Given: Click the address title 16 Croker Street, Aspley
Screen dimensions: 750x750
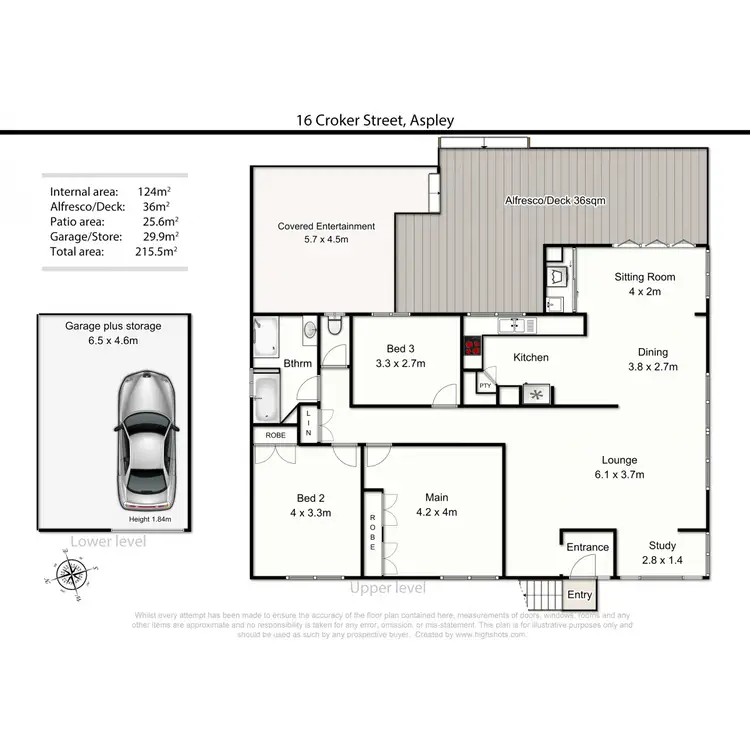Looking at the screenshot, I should click(x=375, y=120).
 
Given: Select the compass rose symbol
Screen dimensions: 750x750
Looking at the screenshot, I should click(x=70, y=574).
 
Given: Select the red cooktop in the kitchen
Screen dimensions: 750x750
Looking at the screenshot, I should click(x=471, y=349).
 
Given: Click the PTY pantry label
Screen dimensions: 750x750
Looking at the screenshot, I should click(x=485, y=385).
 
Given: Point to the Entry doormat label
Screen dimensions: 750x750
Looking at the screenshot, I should click(x=579, y=595).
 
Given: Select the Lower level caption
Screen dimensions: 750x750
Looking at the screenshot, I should click(x=108, y=541).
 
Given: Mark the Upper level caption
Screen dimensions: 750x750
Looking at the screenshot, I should click(x=387, y=588).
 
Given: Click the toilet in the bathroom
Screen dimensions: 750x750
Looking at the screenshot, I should click(x=333, y=327).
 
